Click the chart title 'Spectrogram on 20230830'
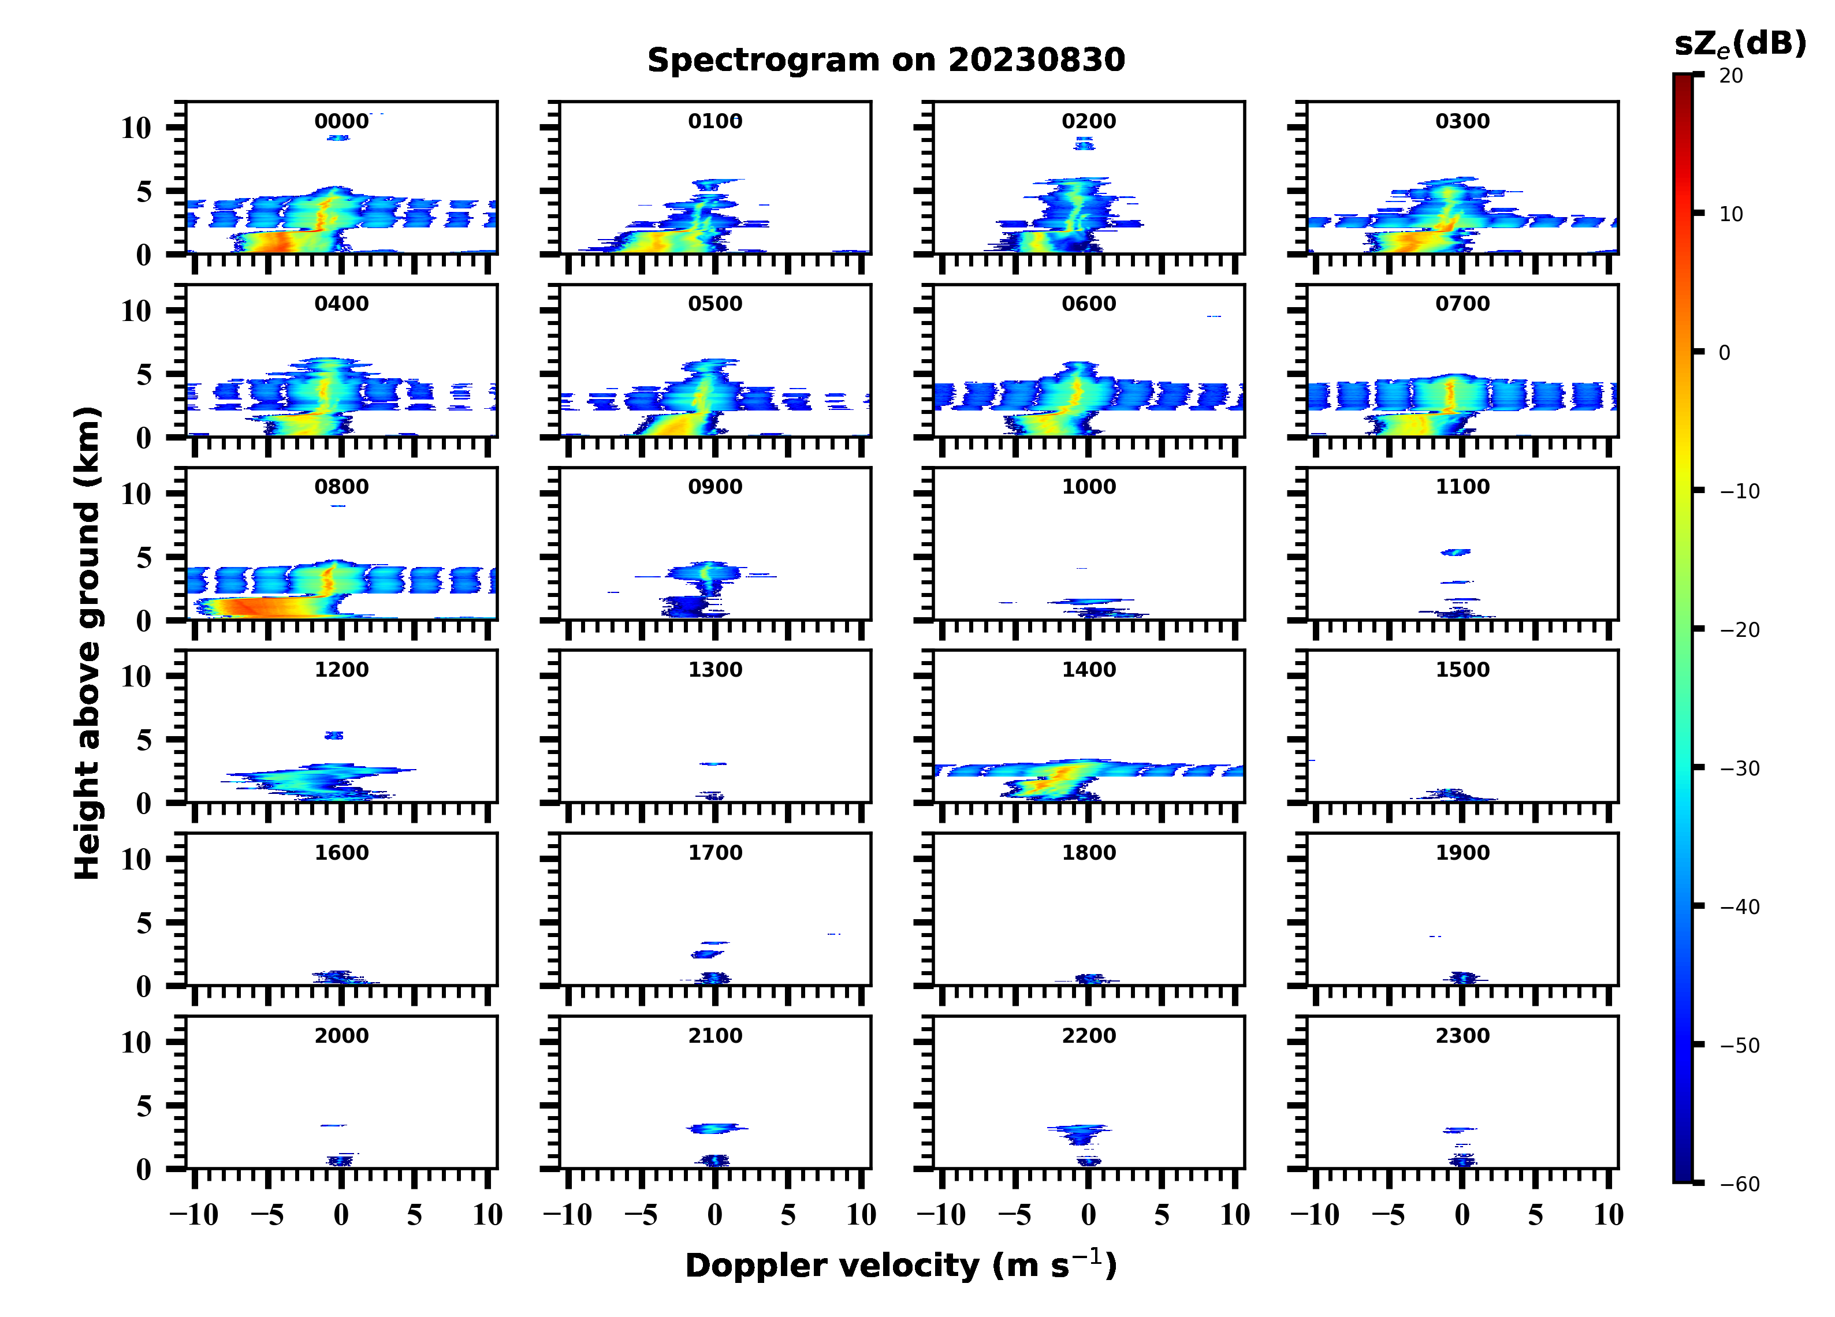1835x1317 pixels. click(x=886, y=60)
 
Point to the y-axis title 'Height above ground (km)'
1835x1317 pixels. click(x=87, y=643)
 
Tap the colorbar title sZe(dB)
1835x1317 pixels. click(x=1740, y=44)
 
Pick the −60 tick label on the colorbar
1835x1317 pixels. click(x=1740, y=1184)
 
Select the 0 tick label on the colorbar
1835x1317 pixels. click(x=1724, y=353)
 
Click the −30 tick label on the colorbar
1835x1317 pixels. click(x=1740, y=768)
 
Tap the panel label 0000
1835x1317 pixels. click(x=341, y=121)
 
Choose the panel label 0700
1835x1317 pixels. click(x=1462, y=304)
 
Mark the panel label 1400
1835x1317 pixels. click(x=1088, y=670)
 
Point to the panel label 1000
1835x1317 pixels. click(x=1088, y=487)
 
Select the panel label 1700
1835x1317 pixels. click(x=715, y=853)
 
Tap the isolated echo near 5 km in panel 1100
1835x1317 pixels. click(x=1456, y=553)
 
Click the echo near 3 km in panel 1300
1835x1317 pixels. click(x=713, y=764)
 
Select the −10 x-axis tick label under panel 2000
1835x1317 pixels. click(x=194, y=1215)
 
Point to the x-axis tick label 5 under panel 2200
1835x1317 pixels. click(x=1162, y=1215)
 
